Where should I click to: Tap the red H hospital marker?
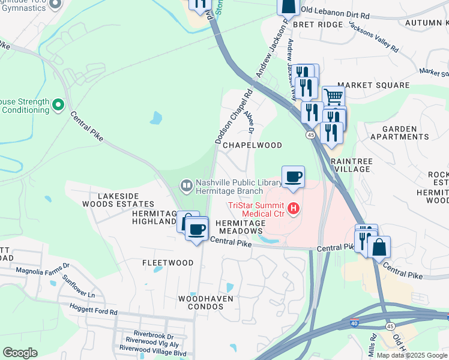click(294, 209)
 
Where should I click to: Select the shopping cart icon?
click(334, 95)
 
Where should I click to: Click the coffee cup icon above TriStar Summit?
click(293, 176)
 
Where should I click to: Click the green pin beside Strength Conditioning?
click(58, 106)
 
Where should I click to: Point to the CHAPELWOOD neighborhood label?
click(252, 145)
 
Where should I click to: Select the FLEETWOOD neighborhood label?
click(167, 263)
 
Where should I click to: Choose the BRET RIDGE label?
click(318, 25)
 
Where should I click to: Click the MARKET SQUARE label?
click(373, 86)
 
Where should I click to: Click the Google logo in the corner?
click(20, 353)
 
